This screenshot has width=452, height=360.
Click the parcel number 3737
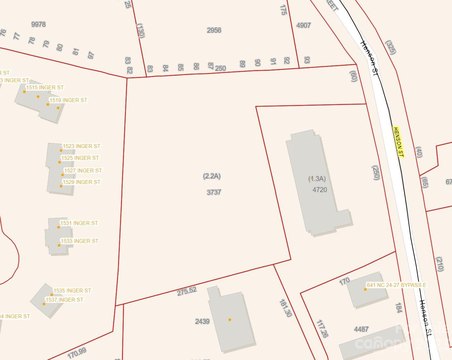tap(213, 191)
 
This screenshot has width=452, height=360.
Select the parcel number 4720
tap(320, 189)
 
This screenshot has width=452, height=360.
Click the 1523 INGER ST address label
tap(81, 147)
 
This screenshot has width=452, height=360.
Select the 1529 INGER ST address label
tap(81, 182)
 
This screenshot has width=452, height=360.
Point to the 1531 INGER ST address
tap(79, 223)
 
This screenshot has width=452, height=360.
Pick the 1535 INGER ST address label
tap(72, 290)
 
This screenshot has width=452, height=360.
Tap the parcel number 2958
tap(214, 31)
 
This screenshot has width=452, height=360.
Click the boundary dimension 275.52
tap(187, 291)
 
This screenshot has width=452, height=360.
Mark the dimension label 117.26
tap(321, 327)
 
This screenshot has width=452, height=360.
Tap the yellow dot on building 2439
tap(230, 319)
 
